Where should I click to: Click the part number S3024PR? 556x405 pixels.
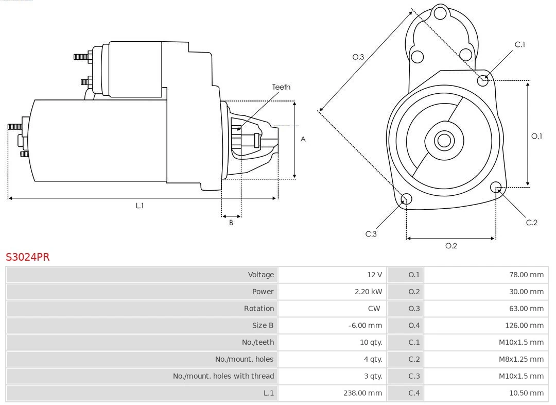tap(28, 257)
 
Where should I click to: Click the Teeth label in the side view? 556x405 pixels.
tap(281, 87)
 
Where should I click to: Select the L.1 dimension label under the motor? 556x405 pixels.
tap(140, 206)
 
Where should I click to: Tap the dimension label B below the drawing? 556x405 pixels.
tap(231, 223)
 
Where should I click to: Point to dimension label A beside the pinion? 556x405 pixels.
tap(303, 139)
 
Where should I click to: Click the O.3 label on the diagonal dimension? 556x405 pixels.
tap(358, 57)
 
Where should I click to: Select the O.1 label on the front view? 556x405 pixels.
tap(536, 136)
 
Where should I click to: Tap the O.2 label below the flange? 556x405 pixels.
tap(451, 246)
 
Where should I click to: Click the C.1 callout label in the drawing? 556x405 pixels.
tap(520, 44)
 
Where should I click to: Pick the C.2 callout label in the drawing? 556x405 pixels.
tap(531, 222)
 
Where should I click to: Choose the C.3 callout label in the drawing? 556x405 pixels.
tap(371, 234)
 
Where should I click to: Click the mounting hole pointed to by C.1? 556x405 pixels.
tap(483, 80)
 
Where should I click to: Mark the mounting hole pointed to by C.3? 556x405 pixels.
tap(406, 199)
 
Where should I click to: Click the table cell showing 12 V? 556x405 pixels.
tap(375, 275)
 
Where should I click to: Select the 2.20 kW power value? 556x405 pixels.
tap(369, 292)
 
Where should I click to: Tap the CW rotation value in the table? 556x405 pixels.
tap(374, 309)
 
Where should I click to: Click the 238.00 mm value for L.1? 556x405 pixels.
tap(363, 393)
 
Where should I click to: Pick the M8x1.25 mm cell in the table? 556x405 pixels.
tap(521, 359)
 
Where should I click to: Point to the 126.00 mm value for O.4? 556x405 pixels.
tap(524, 325)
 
